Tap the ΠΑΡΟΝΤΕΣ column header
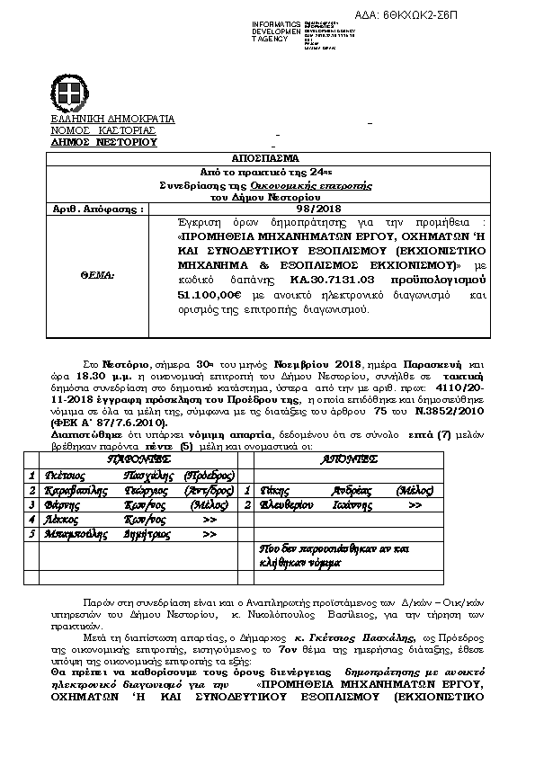tap(137, 459)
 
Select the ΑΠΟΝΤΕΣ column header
tap(349, 459)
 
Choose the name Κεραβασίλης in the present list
tap(73, 491)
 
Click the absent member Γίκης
tap(273, 491)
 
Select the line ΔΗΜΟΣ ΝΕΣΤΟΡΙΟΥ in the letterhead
tap(103, 142)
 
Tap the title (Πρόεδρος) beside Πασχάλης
tap(209, 475)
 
